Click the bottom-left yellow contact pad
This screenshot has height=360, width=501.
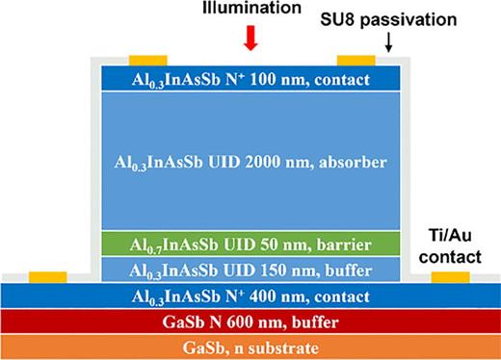pyautogui.click(x=49, y=278)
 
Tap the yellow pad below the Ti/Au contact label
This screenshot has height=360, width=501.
pyautogui.click(x=450, y=278)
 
